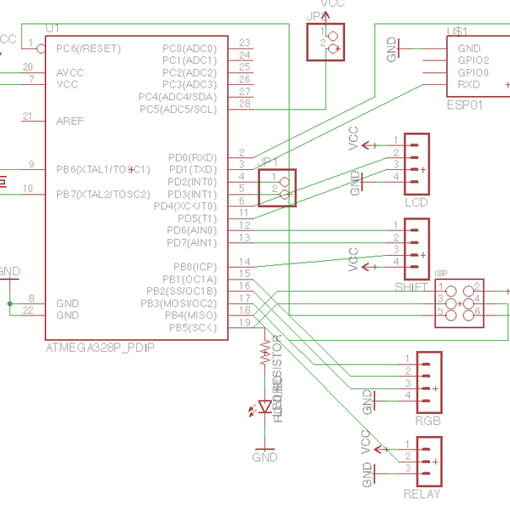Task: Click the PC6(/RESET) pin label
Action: tap(88, 48)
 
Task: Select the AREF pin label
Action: tap(70, 121)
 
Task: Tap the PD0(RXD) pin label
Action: tap(192, 157)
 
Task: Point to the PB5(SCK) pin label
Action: tap(191, 327)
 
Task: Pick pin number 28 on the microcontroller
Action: tap(245, 104)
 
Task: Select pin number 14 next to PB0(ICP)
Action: tap(245, 262)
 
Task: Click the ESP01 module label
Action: tap(464, 105)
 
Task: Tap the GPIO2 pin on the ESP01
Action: tap(473, 60)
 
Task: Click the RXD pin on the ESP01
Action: tap(468, 84)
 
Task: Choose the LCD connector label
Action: tap(416, 202)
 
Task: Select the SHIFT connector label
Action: tap(411, 287)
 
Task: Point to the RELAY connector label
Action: tap(422, 494)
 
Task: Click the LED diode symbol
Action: tap(265, 406)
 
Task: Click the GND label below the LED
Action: tap(265, 457)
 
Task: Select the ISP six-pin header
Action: tap(459, 301)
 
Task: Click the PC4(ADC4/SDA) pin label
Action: tap(189, 97)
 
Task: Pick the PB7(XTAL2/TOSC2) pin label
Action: tap(103, 194)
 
